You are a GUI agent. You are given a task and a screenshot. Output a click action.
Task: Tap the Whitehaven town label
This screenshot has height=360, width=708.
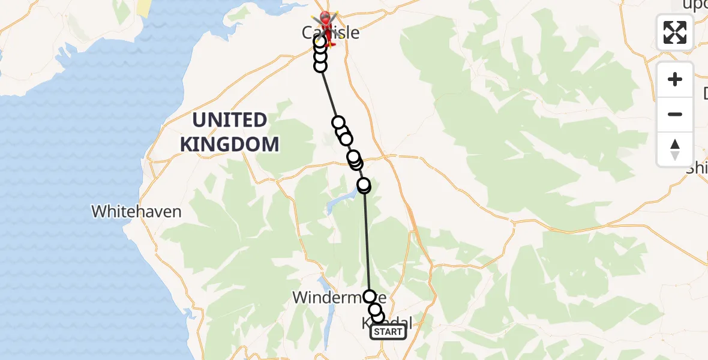[x=136, y=211]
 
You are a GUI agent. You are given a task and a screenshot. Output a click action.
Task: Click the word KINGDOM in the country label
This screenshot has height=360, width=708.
[x=230, y=144]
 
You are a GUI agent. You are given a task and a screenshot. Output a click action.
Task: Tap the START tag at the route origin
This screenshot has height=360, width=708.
[x=388, y=332]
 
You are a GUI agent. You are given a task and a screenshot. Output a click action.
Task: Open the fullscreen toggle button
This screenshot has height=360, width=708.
[x=675, y=32]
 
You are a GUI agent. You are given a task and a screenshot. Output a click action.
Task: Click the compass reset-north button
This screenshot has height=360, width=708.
[x=675, y=149]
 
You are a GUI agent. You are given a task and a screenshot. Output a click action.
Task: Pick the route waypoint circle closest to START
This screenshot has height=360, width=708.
[x=378, y=317]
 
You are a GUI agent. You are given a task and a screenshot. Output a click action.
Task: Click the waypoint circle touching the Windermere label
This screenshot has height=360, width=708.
[x=370, y=296]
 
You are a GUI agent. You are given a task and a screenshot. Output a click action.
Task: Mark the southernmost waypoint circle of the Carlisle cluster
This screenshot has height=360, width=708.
[x=320, y=66]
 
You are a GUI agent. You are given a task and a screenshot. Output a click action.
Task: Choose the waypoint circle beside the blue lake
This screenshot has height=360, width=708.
[x=364, y=185]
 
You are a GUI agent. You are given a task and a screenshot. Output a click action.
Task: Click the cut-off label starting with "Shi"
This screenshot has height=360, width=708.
[x=698, y=168]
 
